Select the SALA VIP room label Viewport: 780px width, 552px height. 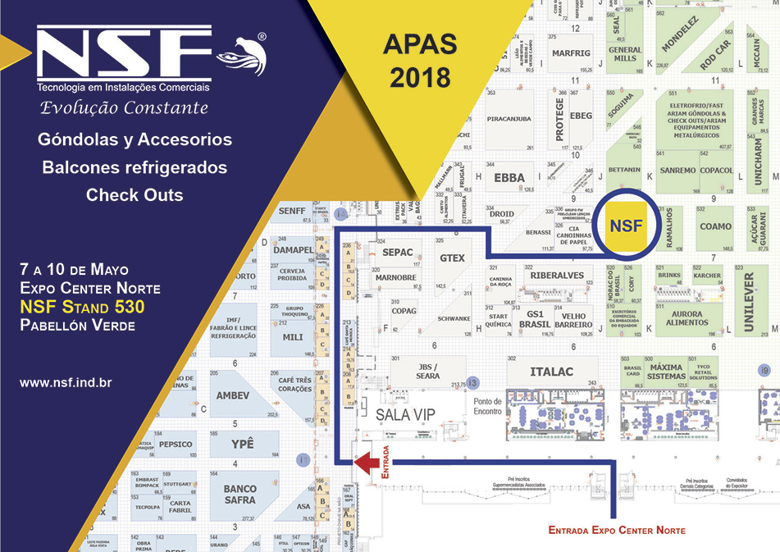click(405, 415)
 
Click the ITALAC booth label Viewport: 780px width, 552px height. click(551, 372)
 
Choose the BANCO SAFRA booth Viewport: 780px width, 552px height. click(239, 494)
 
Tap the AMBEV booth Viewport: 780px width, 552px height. click(232, 395)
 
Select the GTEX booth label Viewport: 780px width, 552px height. click(452, 258)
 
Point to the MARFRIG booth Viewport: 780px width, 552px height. click(571, 53)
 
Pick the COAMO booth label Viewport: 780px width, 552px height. click(715, 226)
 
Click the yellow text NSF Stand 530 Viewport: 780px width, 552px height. click(82, 307)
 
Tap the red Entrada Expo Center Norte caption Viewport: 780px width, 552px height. click(616, 531)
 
